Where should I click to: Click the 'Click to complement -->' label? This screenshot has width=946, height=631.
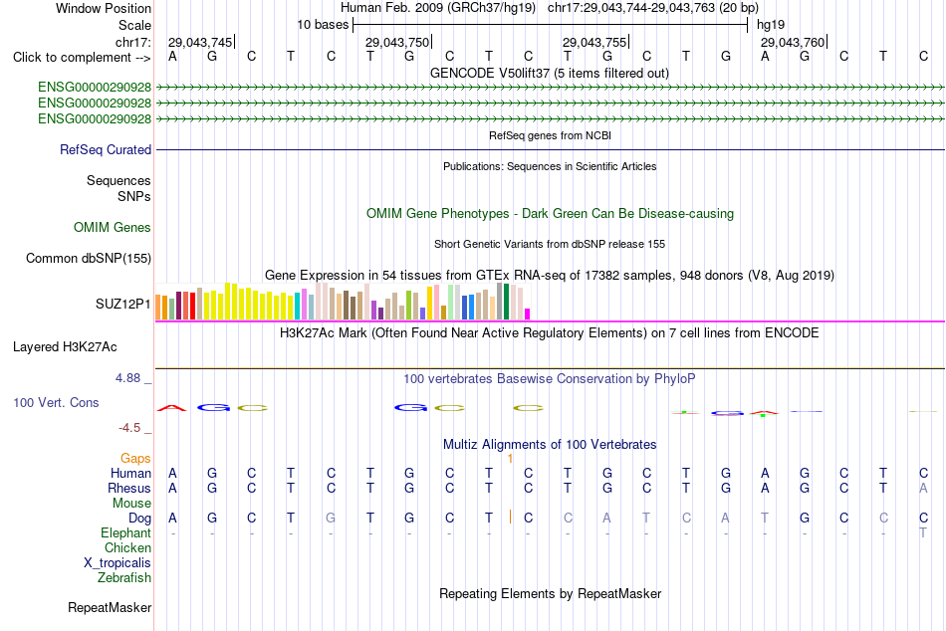82,58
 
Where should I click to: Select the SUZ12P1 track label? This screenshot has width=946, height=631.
123,304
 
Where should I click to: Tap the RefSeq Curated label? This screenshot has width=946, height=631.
106,149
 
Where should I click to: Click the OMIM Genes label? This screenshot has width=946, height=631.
113,228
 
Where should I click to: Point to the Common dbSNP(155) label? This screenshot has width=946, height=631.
89,258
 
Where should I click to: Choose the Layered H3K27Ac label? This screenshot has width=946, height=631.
65,347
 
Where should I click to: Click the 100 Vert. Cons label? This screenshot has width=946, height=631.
56,402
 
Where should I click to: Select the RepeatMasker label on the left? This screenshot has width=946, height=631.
110,607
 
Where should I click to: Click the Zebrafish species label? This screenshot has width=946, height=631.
124,578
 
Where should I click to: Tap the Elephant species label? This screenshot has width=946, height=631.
126,533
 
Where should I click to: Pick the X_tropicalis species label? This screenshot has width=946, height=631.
118,563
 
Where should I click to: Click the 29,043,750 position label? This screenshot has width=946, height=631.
397,42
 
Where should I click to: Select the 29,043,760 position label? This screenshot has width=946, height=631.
793,42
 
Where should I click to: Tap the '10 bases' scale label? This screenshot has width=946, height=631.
323,25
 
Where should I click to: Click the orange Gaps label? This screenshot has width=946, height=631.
135,459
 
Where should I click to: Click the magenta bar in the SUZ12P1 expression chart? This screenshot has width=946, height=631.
528,314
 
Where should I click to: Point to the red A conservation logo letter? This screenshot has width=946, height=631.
172,408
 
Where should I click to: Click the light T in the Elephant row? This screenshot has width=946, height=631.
923,533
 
